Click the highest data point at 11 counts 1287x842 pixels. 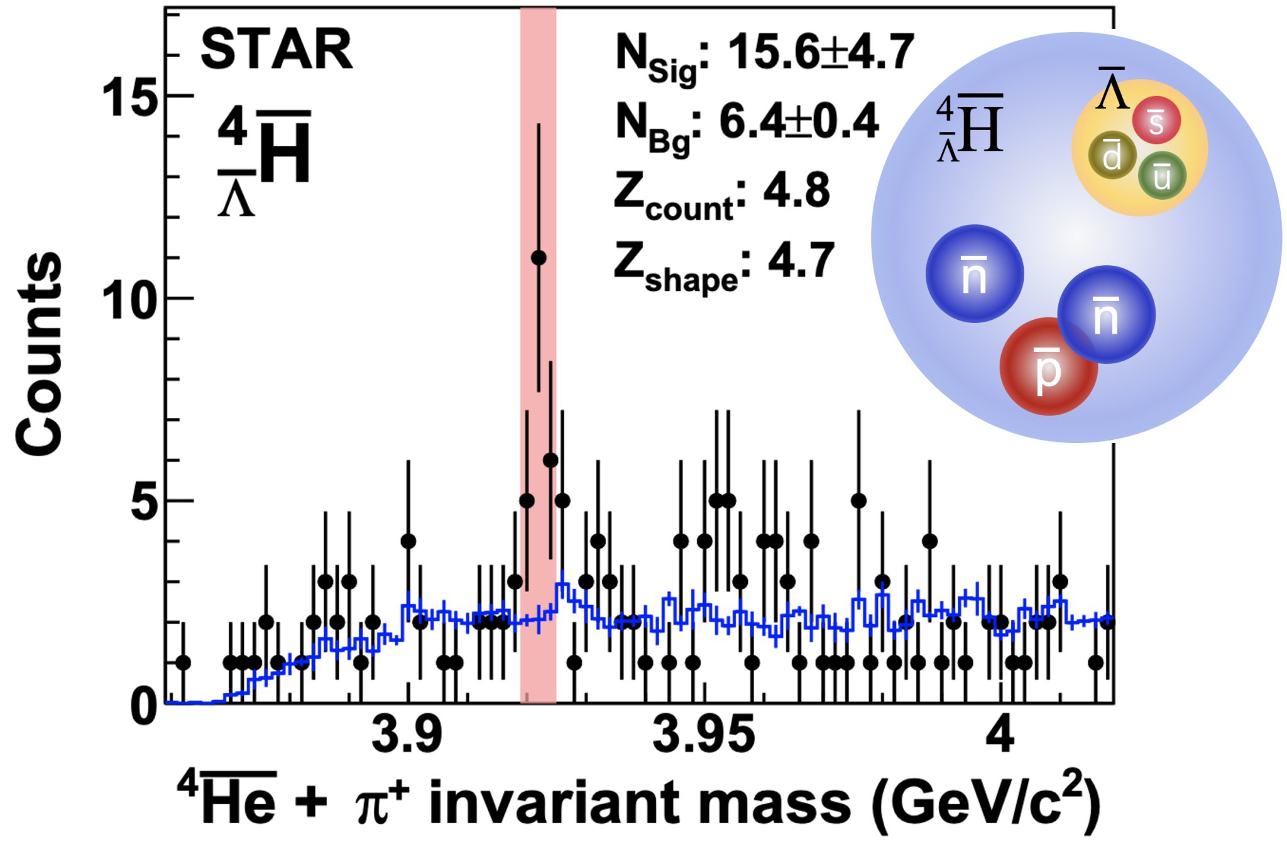(539, 258)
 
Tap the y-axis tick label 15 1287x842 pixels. (129, 97)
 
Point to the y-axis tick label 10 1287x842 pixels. (129, 300)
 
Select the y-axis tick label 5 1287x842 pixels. (144, 503)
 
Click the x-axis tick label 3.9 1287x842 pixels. (407, 734)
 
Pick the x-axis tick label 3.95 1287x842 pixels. (703, 734)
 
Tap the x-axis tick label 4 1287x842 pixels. (999, 734)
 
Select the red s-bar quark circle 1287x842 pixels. (1156, 120)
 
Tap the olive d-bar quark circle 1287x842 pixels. (1112, 155)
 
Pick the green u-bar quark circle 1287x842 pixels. (1162, 175)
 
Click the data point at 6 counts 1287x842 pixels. (550, 461)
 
